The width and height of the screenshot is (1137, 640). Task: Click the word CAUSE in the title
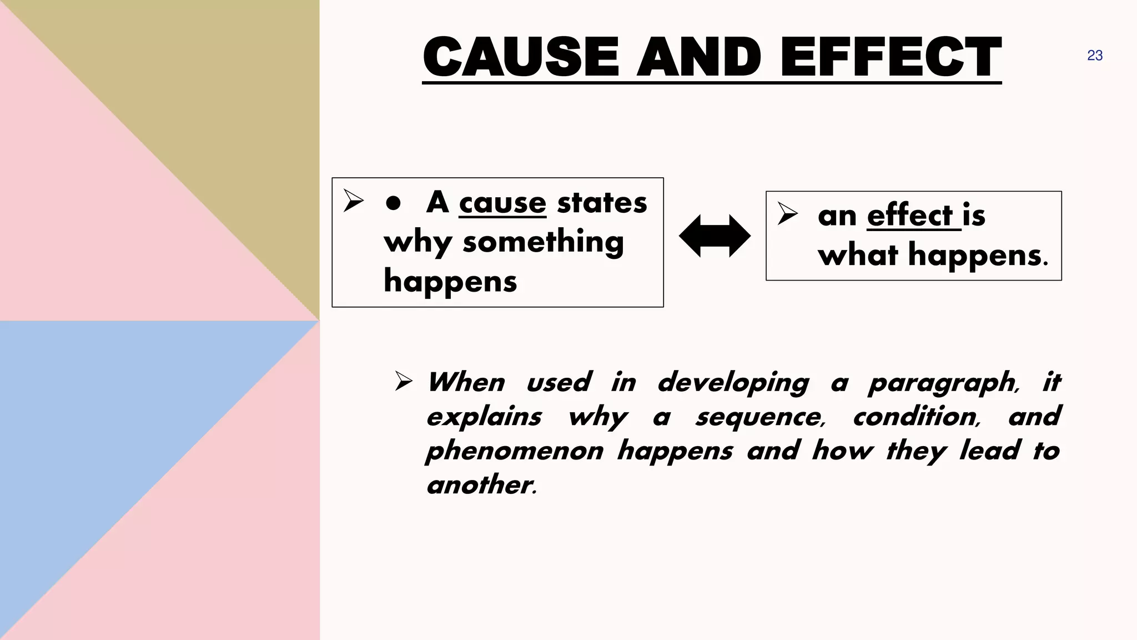(x=521, y=57)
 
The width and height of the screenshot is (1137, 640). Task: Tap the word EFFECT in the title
(x=891, y=57)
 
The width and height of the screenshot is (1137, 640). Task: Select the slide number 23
(x=1095, y=56)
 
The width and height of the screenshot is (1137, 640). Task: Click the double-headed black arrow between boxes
(x=715, y=236)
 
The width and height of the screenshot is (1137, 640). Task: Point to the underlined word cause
(x=502, y=203)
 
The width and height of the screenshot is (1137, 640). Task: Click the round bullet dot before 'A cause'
(x=393, y=203)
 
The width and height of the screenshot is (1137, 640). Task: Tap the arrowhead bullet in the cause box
(x=353, y=201)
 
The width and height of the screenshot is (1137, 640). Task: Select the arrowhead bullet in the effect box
(x=787, y=214)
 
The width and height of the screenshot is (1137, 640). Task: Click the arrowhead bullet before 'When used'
(x=404, y=382)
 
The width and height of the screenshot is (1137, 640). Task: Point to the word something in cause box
(x=543, y=242)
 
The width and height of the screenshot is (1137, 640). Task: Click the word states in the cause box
(x=602, y=202)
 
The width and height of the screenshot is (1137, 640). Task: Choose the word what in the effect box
(x=858, y=256)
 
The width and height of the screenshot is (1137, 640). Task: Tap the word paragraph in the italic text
(x=943, y=383)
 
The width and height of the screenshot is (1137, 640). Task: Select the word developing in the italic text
(x=733, y=383)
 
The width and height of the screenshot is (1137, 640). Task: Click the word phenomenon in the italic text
(x=515, y=451)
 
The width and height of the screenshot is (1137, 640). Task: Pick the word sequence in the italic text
(x=760, y=417)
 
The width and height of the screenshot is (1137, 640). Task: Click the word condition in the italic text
(x=917, y=417)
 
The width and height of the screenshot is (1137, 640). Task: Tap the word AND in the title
(x=700, y=57)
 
